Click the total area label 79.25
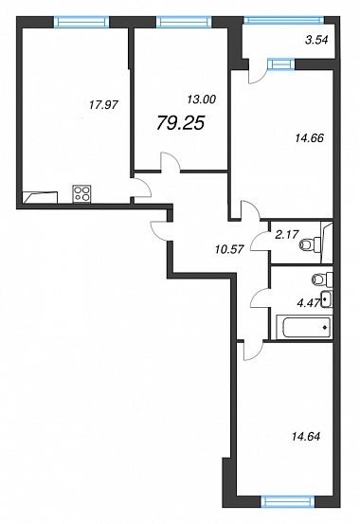(x=180, y=123)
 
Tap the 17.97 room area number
(x=103, y=105)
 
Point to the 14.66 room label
(x=309, y=137)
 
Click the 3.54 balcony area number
(x=316, y=40)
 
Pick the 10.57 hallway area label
(x=229, y=248)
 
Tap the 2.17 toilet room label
(x=286, y=234)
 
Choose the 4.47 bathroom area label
(x=308, y=303)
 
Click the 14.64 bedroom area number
(x=306, y=436)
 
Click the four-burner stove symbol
(x=82, y=194)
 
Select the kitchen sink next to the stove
(x=40, y=197)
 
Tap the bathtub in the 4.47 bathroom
(x=304, y=328)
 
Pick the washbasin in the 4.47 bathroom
(x=327, y=299)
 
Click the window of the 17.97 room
(x=81, y=22)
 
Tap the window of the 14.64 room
(x=288, y=502)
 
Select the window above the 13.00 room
(x=184, y=22)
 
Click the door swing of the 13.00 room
(x=171, y=161)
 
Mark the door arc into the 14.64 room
(x=253, y=352)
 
